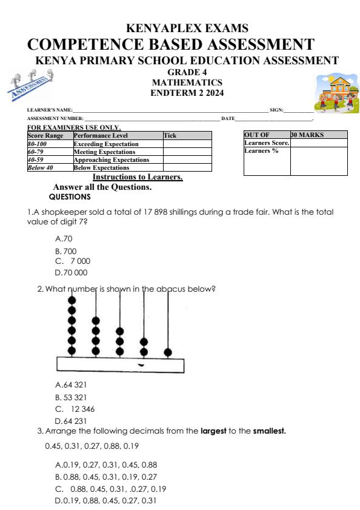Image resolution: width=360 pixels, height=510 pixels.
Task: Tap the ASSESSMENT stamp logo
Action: (34, 84)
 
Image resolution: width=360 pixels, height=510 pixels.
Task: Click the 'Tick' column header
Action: (170, 136)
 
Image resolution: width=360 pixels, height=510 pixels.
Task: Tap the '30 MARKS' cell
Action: (307, 135)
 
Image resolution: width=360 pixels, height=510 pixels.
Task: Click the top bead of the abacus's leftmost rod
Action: (72, 300)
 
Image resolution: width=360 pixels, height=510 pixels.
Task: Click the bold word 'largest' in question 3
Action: (213, 431)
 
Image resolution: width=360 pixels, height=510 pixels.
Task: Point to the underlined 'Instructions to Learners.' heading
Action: (138, 177)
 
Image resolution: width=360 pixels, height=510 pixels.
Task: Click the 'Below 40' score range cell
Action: (41, 167)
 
